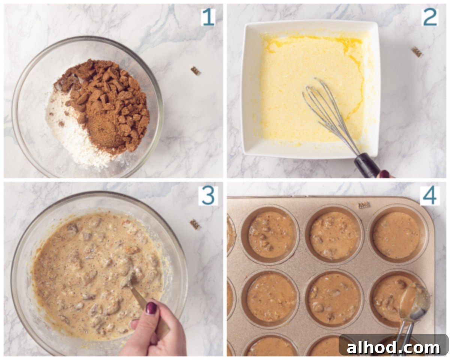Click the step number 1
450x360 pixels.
coord(208,18)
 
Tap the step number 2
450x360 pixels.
coord(430,17)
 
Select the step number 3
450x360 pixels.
coord(208,196)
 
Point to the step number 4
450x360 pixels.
coord(430,196)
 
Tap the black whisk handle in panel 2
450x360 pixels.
coord(367,165)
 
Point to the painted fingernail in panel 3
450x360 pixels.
coord(151,308)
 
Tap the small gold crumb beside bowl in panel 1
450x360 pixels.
coord(195,71)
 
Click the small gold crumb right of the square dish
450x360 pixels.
coord(417,52)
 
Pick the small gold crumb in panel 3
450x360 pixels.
coord(195,224)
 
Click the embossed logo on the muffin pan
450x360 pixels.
coord(364,205)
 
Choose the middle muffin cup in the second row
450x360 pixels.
coord(334,300)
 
